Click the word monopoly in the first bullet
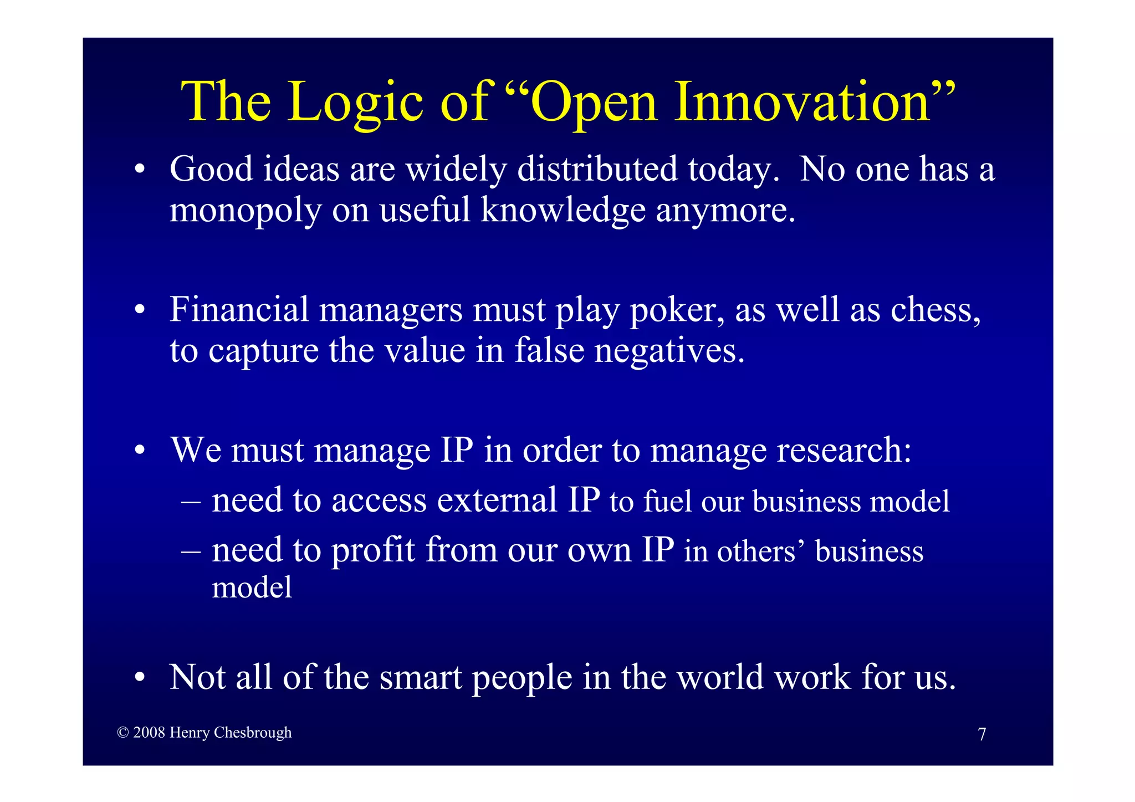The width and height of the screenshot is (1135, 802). click(245, 211)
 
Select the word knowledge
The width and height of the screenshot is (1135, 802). click(563, 211)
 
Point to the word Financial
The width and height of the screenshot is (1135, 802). click(239, 310)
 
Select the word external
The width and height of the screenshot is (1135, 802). click(497, 500)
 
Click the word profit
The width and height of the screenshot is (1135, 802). click(373, 551)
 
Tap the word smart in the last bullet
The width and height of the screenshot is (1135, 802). click(421, 677)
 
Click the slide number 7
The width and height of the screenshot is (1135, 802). click(981, 734)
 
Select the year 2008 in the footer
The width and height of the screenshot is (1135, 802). click(149, 733)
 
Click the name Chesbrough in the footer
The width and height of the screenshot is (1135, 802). click(252, 733)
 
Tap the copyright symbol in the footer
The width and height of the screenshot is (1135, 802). click(123, 733)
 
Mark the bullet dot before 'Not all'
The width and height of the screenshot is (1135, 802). click(140, 677)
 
